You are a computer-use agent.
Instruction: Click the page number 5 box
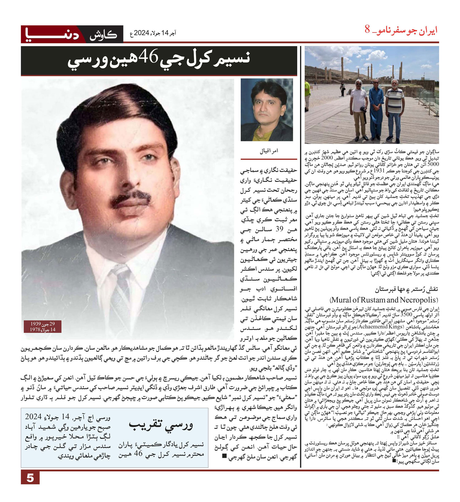click(x=30, y=478)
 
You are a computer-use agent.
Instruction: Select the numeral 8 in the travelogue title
click(x=367, y=30)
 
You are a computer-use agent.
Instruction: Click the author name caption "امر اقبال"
click(x=269, y=151)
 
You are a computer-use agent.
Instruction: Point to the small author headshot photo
click(x=266, y=110)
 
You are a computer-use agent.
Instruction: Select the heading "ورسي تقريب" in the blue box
click(x=161, y=426)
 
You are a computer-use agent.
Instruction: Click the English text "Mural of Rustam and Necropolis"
click(x=384, y=300)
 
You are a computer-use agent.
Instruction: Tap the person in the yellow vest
click(x=308, y=95)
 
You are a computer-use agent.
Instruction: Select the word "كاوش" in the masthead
click(x=103, y=35)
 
